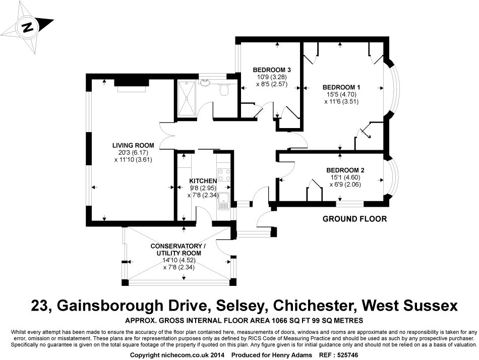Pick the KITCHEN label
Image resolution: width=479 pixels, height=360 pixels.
203,181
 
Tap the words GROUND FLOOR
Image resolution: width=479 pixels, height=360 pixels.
354,219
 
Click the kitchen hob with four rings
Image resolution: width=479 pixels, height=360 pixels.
224,175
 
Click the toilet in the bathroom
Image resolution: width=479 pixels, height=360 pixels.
223,90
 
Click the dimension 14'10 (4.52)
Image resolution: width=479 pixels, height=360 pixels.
178,260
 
